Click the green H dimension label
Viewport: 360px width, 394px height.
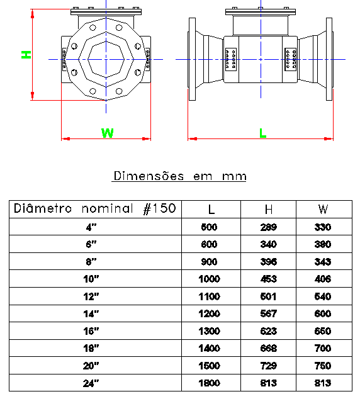26,55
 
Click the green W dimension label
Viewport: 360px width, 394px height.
107,133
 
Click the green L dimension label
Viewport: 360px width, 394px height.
263,133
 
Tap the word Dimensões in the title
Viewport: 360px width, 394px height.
149,176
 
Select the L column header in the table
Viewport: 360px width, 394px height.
211,209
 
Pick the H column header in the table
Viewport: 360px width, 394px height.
269,209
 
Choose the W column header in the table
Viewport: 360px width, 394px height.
323,209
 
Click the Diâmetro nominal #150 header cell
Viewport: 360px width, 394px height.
94,208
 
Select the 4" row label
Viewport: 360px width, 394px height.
91,227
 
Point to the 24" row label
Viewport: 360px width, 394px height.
91,383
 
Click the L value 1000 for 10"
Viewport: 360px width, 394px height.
210,279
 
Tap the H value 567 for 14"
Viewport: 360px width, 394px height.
268,313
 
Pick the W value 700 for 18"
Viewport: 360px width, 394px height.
323,348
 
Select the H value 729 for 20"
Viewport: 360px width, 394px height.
268,366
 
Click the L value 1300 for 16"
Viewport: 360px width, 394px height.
210,331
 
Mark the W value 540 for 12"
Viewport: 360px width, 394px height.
323,296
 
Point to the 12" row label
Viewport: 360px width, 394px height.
91,296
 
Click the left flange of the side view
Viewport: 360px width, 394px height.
192,59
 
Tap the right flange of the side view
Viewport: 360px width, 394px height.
329,59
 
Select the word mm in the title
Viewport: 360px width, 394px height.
234,176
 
